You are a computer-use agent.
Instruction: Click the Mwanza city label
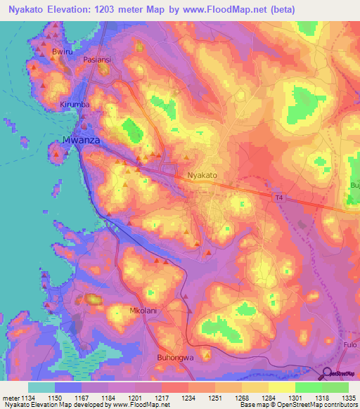82,140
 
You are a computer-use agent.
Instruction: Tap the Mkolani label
143,310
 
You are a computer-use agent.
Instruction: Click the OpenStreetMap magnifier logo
328,373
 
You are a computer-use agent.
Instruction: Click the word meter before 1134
12,397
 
